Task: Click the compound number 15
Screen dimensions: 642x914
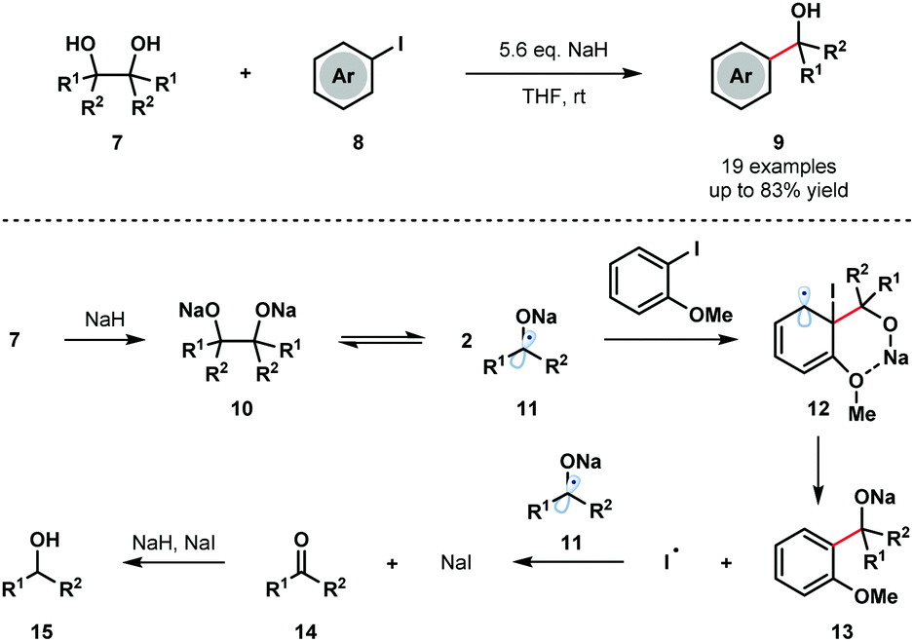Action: (42, 630)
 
